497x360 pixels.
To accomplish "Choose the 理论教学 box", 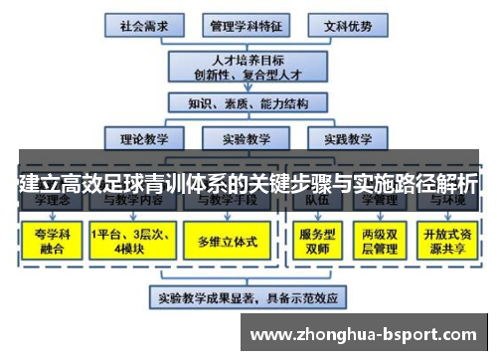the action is pyautogui.click(x=141, y=138).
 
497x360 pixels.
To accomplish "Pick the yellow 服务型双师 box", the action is pyautogui.click(x=315, y=240).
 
